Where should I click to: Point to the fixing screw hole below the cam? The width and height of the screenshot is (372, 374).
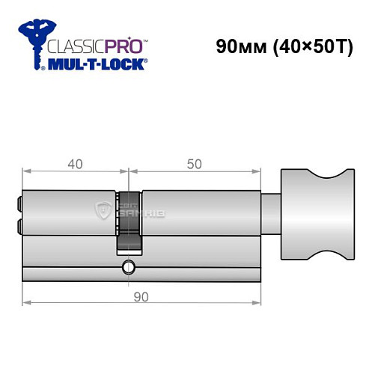click(x=129, y=266)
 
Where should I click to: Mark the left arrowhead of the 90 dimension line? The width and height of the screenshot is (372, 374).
click(x=27, y=303)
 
